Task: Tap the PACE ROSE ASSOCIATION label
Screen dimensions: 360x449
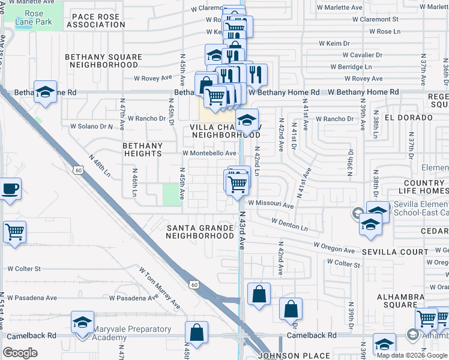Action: [x=95, y=20]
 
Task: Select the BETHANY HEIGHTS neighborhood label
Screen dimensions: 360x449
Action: [x=142, y=149]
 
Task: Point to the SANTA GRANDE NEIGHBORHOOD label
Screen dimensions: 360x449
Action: [x=199, y=232]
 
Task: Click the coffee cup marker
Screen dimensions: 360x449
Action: [x=11, y=189]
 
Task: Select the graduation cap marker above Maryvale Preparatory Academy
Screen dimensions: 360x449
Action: [x=82, y=322]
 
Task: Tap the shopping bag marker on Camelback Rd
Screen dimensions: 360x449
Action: [x=196, y=332]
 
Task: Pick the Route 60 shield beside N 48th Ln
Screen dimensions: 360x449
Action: [x=79, y=171]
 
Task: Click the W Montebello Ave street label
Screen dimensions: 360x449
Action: [x=209, y=153]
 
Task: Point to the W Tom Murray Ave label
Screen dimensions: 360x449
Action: [x=160, y=287]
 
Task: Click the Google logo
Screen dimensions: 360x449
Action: [x=20, y=352]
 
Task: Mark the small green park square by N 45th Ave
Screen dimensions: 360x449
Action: [x=173, y=194]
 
